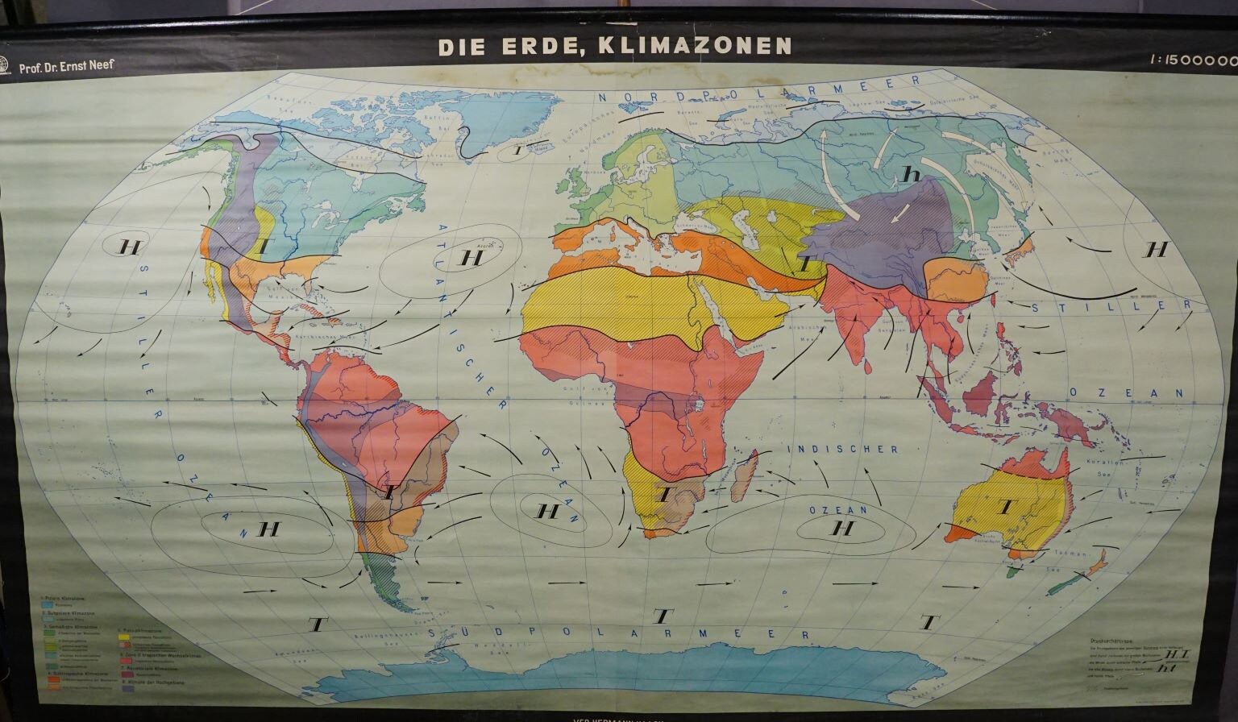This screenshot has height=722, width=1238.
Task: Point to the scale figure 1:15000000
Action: pyautogui.click(x=1194, y=60)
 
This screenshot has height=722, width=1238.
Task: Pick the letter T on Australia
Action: pyautogui.click(x=1004, y=507)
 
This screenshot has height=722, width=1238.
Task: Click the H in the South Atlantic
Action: pyautogui.click(x=548, y=511)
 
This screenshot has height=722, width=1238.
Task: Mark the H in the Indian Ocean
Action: pyautogui.click(x=842, y=528)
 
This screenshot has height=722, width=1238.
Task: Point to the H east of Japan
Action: pyautogui.click(x=1157, y=249)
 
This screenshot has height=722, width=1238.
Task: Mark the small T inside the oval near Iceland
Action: pyautogui.click(x=518, y=150)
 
